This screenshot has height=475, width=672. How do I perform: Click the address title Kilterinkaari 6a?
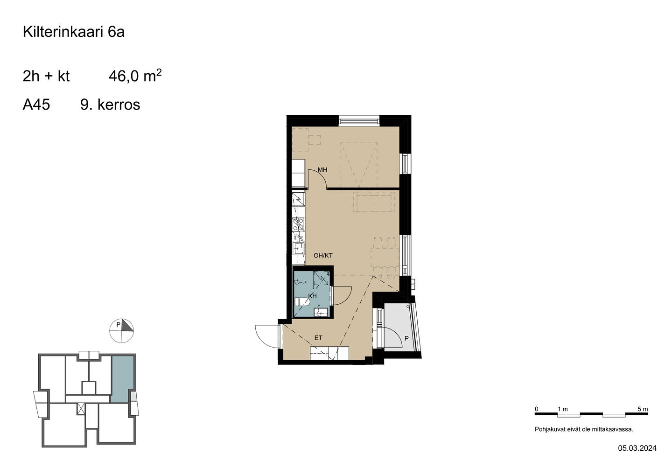[74, 32]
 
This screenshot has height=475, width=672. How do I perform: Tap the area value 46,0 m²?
[135, 76]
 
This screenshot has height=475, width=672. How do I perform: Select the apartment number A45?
[36, 105]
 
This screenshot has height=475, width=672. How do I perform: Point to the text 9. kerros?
[110, 105]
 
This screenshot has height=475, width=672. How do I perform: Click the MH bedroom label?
[322, 170]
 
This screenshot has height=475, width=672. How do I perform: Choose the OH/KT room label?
[323, 256]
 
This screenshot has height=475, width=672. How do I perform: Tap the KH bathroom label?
[313, 296]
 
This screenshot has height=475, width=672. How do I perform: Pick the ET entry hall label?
[318, 338]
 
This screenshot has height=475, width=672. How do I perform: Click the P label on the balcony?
[406, 339]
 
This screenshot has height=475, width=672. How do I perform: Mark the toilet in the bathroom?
[302, 302]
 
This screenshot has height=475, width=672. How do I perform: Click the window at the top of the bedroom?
[359, 121]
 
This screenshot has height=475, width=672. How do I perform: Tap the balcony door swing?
[393, 338]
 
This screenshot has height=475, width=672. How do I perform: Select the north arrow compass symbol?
[121, 331]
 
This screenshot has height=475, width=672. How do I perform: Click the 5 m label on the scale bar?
[643, 409]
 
